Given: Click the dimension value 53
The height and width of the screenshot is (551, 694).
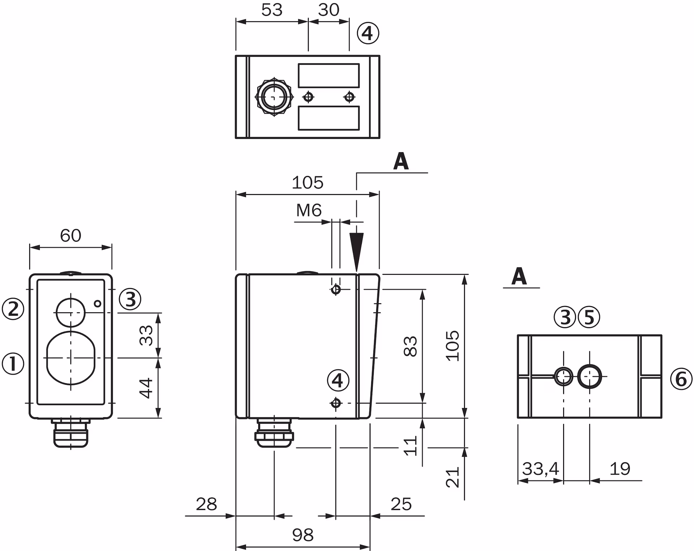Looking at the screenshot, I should [271, 10].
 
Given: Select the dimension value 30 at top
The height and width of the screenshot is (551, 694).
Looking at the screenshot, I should [329, 10].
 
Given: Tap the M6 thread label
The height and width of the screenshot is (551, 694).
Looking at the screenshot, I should [309, 210].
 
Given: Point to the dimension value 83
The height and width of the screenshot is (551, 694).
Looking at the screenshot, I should [411, 346].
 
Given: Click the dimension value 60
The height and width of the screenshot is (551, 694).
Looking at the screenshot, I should [70, 236].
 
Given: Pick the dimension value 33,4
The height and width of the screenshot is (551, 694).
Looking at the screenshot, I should [540, 469].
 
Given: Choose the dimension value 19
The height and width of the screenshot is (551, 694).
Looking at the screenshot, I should [620, 469].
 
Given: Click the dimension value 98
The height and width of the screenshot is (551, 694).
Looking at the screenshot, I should [303, 535].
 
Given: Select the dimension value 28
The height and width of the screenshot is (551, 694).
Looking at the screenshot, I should [206, 504].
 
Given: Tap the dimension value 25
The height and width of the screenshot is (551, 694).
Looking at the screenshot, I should [401, 504].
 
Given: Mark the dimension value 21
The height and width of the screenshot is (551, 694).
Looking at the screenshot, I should [453, 477].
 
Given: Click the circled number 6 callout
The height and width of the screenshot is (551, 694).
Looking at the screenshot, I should [681, 379].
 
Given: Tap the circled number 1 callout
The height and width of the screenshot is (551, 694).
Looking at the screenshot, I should [13, 364].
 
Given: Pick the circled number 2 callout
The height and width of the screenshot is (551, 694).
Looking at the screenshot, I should [13, 309].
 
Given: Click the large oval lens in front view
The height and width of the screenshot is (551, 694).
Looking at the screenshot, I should [71, 358].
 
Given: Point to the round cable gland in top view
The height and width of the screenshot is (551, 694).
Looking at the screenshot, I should [274, 97].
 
